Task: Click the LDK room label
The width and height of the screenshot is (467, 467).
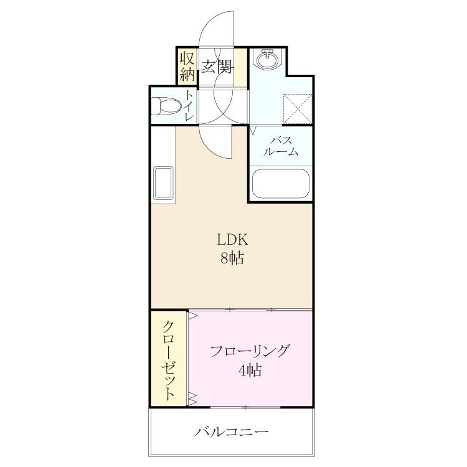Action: pos(233,239)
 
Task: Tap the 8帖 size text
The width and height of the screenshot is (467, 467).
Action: pos(232,258)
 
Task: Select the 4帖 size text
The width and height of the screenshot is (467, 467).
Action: pos(250,370)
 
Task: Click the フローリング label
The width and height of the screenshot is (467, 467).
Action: pos(250,351)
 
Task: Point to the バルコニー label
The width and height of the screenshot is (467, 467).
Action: pos(232,432)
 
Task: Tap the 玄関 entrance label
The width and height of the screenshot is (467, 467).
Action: pos(217,67)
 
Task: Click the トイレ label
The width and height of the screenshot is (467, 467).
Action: pos(189,105)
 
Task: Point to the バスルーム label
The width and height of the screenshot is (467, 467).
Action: pos(281,146)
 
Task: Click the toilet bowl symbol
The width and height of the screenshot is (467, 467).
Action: pos(166,106)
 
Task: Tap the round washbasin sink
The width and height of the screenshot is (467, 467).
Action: pos(267,59)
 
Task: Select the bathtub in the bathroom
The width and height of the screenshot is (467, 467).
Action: pos(281,184)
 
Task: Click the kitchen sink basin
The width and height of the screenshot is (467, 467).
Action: pos(163,183)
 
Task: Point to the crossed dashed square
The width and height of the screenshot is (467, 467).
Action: pos(298,108)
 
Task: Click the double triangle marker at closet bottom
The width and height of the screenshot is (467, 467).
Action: pos(192,399)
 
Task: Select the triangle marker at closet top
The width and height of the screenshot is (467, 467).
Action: pos(193,315)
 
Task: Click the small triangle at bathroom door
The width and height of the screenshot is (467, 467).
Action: pos(254,130)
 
